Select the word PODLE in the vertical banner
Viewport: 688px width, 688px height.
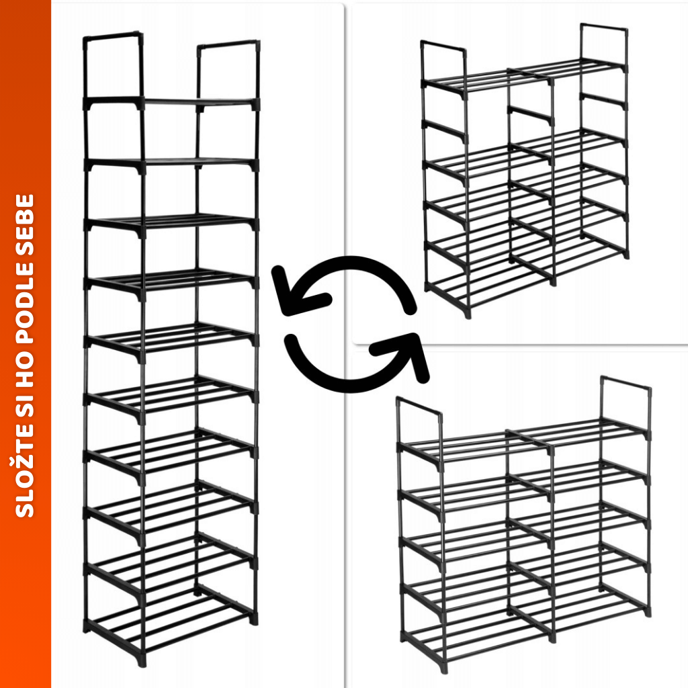(25, 302)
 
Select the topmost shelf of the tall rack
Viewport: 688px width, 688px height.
(171, 103)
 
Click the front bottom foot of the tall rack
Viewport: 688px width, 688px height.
(141, 658)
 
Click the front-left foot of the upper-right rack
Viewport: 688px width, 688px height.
(468, 312)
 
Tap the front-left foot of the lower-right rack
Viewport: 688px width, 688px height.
(444, 667)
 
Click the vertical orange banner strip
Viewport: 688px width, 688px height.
(26, 344)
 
